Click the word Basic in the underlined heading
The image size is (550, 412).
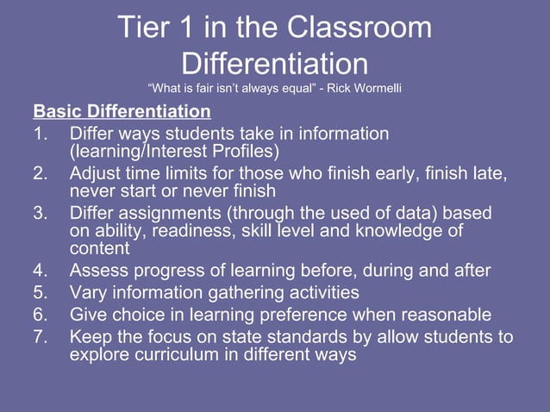(58, 112)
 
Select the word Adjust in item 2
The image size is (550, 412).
(98, 173)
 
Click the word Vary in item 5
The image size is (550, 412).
(90, 292)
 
